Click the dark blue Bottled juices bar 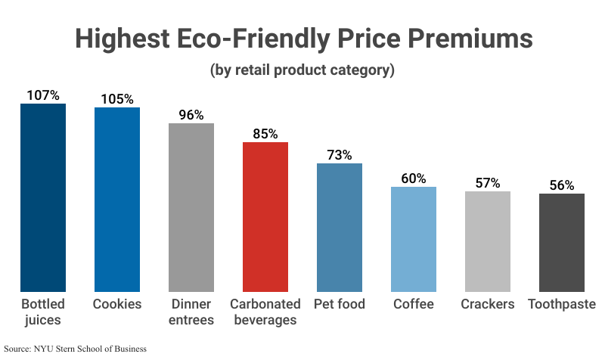click(43, 197)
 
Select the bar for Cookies click(117, 200)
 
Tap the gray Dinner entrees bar click(191, 207)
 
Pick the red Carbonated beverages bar click(265, 217)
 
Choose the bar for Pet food click(340, 228)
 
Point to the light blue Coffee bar click(414, 239)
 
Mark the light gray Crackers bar click(488, 241)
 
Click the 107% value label click(43, 95)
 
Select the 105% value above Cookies click(117, 99)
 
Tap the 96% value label click(191, 115)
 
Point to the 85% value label click(265, 134)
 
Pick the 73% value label click(340, 155)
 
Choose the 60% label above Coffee click(414, 178)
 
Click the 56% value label click(562, 185)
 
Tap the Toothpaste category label click(562, 304)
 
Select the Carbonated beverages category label click(265, 312)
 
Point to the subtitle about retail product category click(302, 71)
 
